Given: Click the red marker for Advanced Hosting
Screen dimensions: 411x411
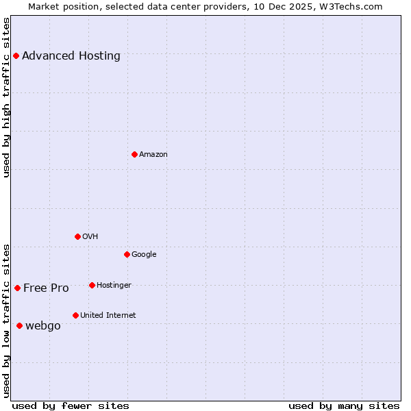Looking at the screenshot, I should pyautogui.click(x=16, y=55).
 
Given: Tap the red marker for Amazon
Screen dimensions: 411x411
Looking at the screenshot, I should pyautogui.click(x=134, y=154).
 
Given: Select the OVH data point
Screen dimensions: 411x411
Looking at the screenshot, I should pyautogui.click(x=77, y=236).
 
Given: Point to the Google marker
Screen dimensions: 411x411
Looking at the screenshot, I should pyautogui.click(x=127, y=254).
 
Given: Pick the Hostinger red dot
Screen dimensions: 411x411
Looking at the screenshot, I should pyautogui.click(x=92, y=285).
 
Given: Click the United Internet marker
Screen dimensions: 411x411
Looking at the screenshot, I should pyautogui.click(x=75, y=315).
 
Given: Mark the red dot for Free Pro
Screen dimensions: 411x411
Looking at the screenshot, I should pyautogui.click(x=17, y=288).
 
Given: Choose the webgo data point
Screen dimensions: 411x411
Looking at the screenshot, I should pyautogui.click(x=19, y=325).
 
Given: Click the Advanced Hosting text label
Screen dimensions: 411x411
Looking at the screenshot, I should pyautogui.click(x=71, y=56).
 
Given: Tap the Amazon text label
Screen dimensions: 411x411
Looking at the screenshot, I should pyautogui.click(x=153, y=155).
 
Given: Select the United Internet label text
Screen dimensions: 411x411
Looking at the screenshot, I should pyautogui.click(x=108, y=316).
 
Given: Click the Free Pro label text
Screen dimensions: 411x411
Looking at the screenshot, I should pyautogui.click(x=46, y=288).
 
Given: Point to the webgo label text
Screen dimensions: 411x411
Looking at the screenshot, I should pyautogui.click(x=43, y=326).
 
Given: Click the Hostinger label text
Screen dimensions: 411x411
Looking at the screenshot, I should pyautogui.click(x=114, y=286).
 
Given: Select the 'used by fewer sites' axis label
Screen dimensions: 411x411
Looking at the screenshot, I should pyautogui.click(x=71, y=406).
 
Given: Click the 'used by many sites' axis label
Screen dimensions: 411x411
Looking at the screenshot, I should pyautogui.click(x=344, y=406).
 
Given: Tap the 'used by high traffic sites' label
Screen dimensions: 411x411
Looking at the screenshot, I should pyautogui.click(x=7, y=97).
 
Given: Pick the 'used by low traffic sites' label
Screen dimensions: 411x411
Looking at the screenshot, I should pyautogui.click(x=7, y=321).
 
